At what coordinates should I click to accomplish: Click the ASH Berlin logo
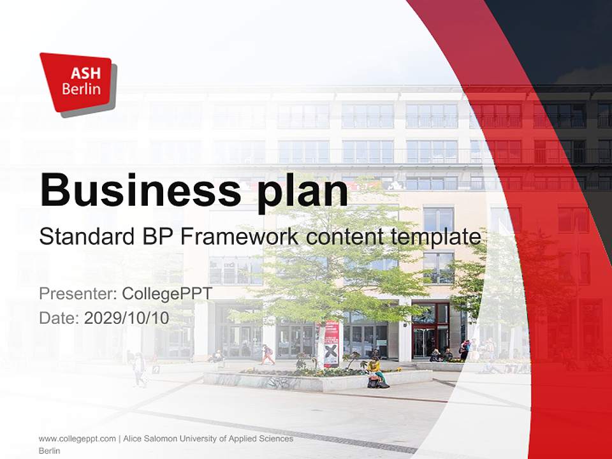(x=78, y=83)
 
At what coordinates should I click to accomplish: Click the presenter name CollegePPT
(x=167, y=294)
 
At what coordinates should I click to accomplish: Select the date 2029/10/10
(x=127, y=317)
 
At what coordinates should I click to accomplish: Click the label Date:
(x=60, y=317)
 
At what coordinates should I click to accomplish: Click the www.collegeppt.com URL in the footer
(x=77, y=439)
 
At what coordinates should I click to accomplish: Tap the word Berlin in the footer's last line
(x=50, y=451)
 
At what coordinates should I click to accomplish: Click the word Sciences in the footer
(x=277, y=439)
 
